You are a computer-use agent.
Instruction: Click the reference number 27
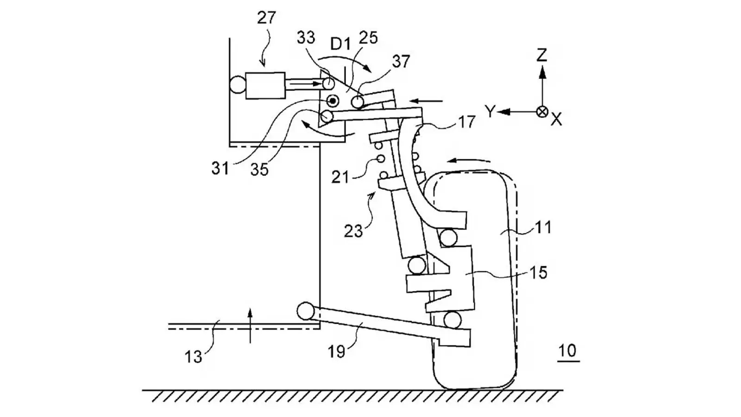(266, 18)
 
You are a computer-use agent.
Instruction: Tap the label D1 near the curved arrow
(340, 44)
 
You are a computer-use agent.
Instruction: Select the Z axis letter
(541, 55)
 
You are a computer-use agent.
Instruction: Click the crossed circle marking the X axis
(542, 112)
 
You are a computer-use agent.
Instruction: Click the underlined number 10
(567, 351)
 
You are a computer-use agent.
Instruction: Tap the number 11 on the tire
(543, 227)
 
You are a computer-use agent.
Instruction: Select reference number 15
(539, 272)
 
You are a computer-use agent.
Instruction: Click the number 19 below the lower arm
(337, 352)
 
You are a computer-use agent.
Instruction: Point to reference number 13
(193, 356)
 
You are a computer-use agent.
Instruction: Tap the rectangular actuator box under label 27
(265, 85)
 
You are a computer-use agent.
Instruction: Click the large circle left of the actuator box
(237, 85)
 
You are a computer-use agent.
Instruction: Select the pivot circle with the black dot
(333, 101)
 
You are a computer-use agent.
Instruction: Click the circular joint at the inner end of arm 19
(305, 311)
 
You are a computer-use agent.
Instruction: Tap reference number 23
(353, 230)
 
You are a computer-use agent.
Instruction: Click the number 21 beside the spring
(340, 177)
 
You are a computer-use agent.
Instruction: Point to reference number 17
(467, 122)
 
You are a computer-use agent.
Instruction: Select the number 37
(401, 61)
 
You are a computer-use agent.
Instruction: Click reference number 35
(259, 170)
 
